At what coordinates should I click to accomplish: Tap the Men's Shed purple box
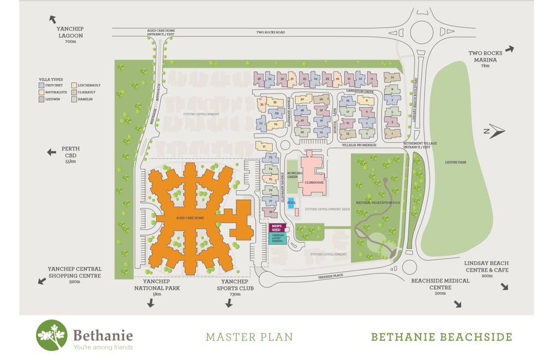tap(276, 227)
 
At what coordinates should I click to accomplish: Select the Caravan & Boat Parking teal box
tap(276, 238)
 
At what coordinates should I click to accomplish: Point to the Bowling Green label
tap(291, 175)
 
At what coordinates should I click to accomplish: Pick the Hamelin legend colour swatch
tap(74, 99)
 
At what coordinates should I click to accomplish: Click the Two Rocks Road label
tap(270, 33)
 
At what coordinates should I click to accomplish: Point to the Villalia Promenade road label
tap(360, 145)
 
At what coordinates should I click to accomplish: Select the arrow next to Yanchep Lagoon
tap(53, 19)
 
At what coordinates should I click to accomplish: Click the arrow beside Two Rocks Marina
tap(509, 49)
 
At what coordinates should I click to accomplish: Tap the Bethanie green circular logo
tap(52, 335)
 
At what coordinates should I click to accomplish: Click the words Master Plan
tap(249, 336)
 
